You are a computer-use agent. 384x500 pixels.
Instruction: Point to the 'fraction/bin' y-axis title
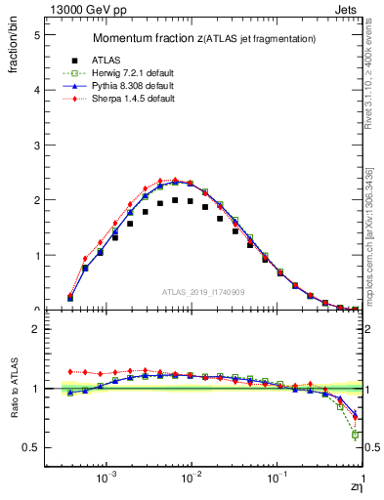(14, 50)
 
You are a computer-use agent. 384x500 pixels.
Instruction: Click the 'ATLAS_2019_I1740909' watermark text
(203, 292)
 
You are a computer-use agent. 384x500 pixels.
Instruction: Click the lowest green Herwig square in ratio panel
(356, 435)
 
